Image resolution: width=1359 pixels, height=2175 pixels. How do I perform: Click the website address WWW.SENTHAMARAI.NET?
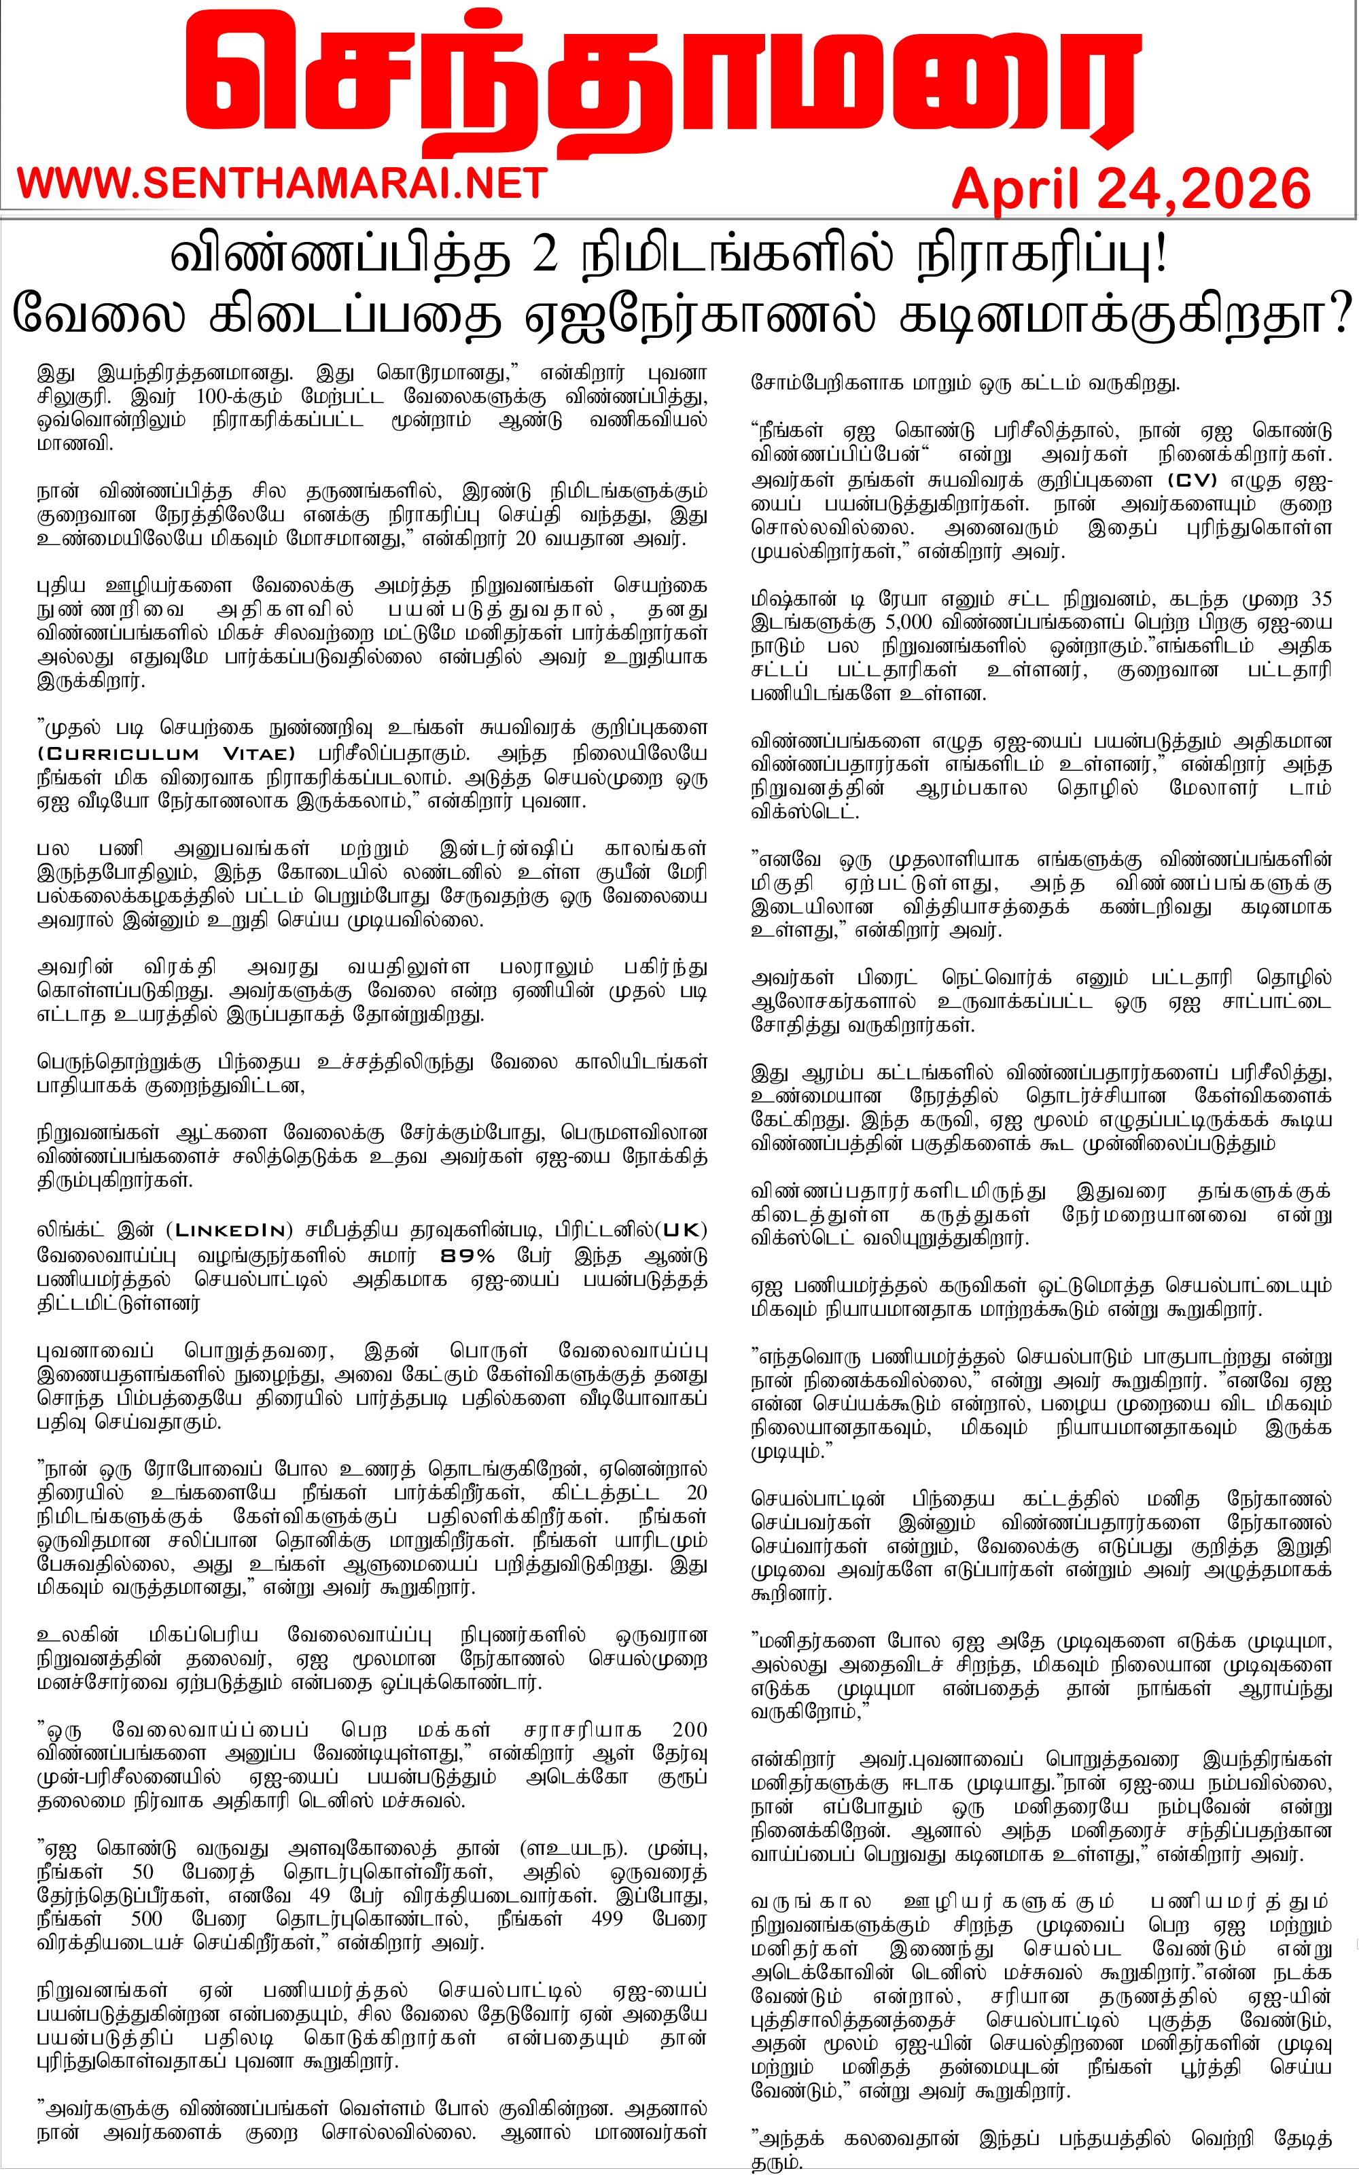[282, 184]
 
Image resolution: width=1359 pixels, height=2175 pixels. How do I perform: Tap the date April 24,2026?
[1130, 190]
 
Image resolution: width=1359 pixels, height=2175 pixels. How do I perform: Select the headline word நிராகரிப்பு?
[1041, 258]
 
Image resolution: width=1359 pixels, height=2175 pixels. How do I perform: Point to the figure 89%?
[467, 1255]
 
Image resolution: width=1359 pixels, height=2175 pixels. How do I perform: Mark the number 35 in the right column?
[1320, 599]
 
